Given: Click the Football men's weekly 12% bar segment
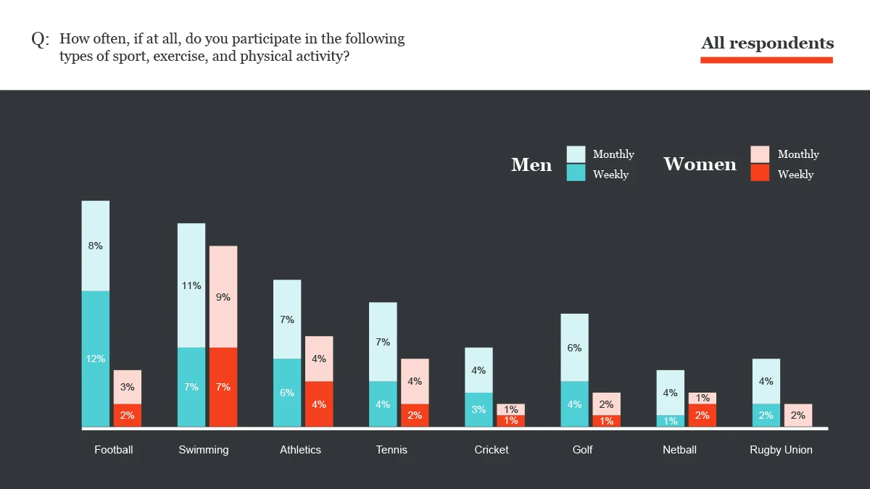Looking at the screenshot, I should [96, 359].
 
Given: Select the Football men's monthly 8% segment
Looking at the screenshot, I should [96, 246].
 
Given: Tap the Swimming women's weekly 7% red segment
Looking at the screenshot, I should [223, 387].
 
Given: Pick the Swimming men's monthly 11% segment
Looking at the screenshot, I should [191, 285].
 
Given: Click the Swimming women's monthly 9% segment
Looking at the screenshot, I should [223, 297].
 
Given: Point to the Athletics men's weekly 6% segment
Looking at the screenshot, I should [287, 393].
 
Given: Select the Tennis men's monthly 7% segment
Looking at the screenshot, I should [383, 342].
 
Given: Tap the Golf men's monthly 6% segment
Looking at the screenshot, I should [574, 348].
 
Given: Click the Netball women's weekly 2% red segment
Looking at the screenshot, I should [702, 415].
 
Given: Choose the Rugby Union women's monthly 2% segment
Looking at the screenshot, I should [797, 415].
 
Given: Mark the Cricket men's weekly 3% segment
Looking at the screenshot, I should [478, 409].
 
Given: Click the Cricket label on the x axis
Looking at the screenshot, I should [492, 450].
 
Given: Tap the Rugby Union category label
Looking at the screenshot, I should [781, 450].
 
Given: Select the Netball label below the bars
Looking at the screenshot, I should [679, 450].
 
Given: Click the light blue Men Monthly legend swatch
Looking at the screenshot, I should [576, 154].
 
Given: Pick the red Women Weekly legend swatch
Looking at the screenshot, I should [760, 173].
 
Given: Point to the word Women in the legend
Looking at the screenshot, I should [700, 164].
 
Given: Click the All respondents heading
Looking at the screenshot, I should [767, 43].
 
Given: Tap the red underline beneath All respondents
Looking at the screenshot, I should [766, 60].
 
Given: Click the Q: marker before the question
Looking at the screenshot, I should [40, 40].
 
